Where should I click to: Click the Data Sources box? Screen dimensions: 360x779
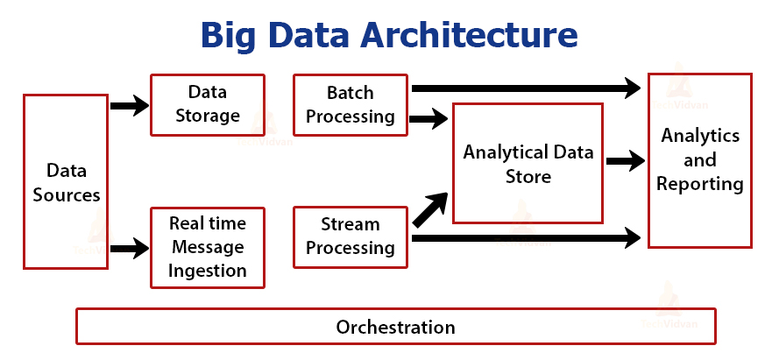67,181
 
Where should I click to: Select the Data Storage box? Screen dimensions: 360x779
207,104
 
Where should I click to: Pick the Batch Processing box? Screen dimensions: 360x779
350,104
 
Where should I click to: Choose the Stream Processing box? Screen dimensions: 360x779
350,236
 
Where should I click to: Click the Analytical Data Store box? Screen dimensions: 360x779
528,164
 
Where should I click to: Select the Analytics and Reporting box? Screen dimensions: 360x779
699,160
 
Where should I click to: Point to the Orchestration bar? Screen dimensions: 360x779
395,327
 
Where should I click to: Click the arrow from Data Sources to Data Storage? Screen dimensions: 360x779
130,106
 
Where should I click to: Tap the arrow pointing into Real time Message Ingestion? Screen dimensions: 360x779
130,248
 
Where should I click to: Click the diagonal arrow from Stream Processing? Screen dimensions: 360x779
428,208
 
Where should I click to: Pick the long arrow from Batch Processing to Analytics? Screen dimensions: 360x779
526,88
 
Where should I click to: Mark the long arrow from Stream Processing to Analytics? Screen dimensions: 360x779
526,236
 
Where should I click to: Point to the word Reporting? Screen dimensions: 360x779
699,184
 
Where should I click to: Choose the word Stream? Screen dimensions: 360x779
350,225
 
